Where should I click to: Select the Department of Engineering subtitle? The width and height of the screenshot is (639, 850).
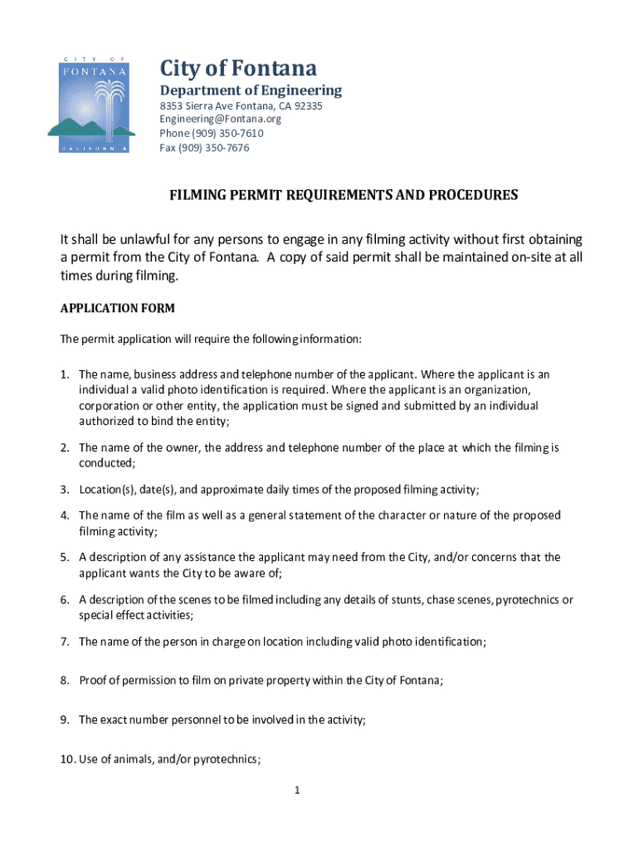pos(251,90)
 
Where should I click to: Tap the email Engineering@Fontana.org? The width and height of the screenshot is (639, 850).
pos(221,120)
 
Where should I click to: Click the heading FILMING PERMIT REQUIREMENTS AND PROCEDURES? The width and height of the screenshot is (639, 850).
pos(344,195)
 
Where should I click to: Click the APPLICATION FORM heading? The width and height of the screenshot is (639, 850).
pos(118,309)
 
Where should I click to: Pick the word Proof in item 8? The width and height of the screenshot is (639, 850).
pos(94,681)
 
